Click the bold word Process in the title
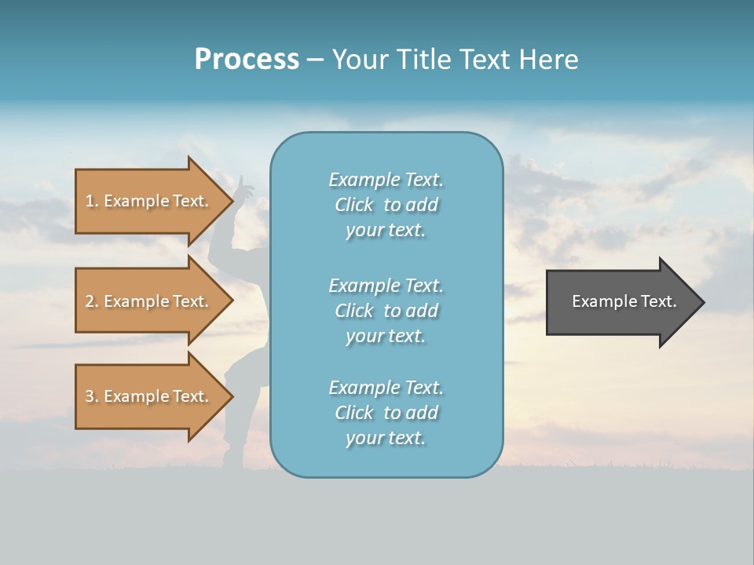tap(247, 60)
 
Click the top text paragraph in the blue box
tap(386, 205)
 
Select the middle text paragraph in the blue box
tap(386, 311)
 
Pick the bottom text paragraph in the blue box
tap(386, 413)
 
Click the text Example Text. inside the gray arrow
tap(624, 301)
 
